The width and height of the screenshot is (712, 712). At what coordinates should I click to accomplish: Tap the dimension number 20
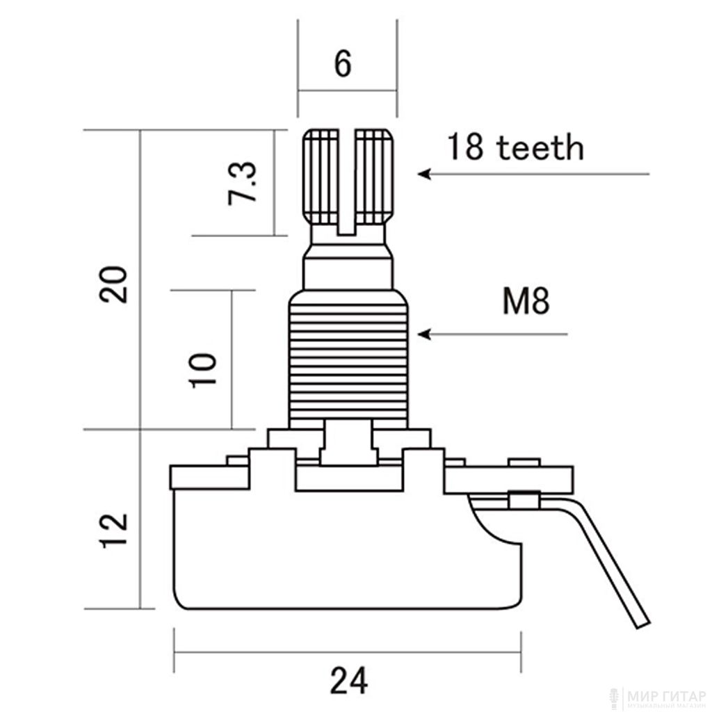(113, 284)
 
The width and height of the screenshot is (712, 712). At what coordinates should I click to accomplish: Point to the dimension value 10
(203, 370)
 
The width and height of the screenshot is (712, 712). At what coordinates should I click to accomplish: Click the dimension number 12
(113, 531)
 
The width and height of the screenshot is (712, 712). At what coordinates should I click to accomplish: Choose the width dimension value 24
(349, 680)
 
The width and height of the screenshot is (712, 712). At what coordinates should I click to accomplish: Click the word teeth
(540, 147)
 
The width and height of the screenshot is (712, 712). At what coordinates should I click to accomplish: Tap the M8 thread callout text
(526, 300)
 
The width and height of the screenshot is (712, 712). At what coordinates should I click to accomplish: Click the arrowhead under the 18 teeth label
(424, 174)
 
